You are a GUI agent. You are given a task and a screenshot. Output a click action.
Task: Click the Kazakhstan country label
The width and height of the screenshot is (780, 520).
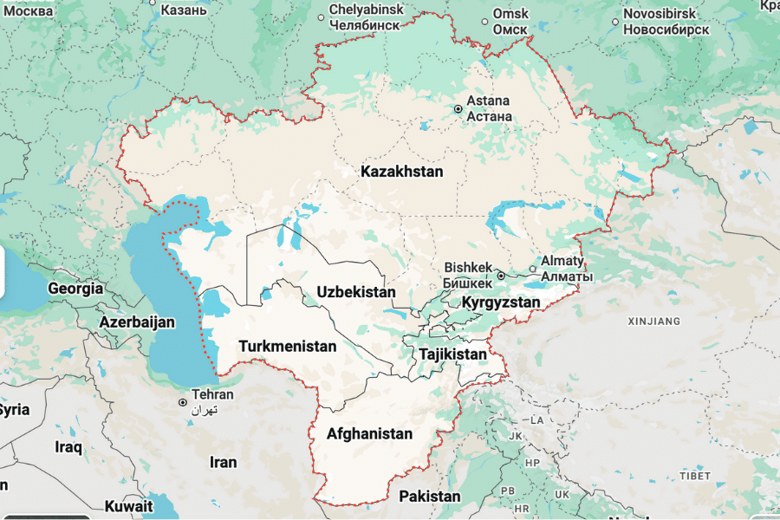point(401,172)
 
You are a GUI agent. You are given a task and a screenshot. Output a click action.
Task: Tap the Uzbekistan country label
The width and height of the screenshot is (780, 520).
point(355,292)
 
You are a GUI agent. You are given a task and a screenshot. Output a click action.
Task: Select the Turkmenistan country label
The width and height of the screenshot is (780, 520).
point(287,347)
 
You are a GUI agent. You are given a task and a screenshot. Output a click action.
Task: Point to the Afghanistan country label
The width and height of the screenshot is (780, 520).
point(369,433)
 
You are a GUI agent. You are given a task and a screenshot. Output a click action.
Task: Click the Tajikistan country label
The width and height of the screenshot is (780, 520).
point(452,354)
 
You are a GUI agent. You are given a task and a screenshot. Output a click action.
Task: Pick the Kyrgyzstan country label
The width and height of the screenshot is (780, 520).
point(501,302)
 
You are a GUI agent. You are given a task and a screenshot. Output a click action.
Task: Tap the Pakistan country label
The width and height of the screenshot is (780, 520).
point(429,497)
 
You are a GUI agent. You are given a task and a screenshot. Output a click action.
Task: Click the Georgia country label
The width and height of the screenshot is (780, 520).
point(75,289)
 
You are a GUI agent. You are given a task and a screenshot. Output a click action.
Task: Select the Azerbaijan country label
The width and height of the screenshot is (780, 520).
point(137,322)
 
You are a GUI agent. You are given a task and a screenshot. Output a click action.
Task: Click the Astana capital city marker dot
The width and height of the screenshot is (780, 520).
point(458,109)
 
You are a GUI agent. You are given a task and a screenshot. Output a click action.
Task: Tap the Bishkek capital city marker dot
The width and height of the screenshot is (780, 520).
point(501,276)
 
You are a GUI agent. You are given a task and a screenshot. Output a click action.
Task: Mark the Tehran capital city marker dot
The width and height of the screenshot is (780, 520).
point(182,402)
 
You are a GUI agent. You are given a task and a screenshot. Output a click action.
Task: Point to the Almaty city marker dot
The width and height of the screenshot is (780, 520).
point(533,269)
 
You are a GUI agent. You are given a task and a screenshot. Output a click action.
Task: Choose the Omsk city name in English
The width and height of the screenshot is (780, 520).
point(510,14)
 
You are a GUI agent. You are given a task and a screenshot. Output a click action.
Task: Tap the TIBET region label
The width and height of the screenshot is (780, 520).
point(694,476)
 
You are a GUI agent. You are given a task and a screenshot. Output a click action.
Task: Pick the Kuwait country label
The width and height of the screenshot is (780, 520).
point(128,505)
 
